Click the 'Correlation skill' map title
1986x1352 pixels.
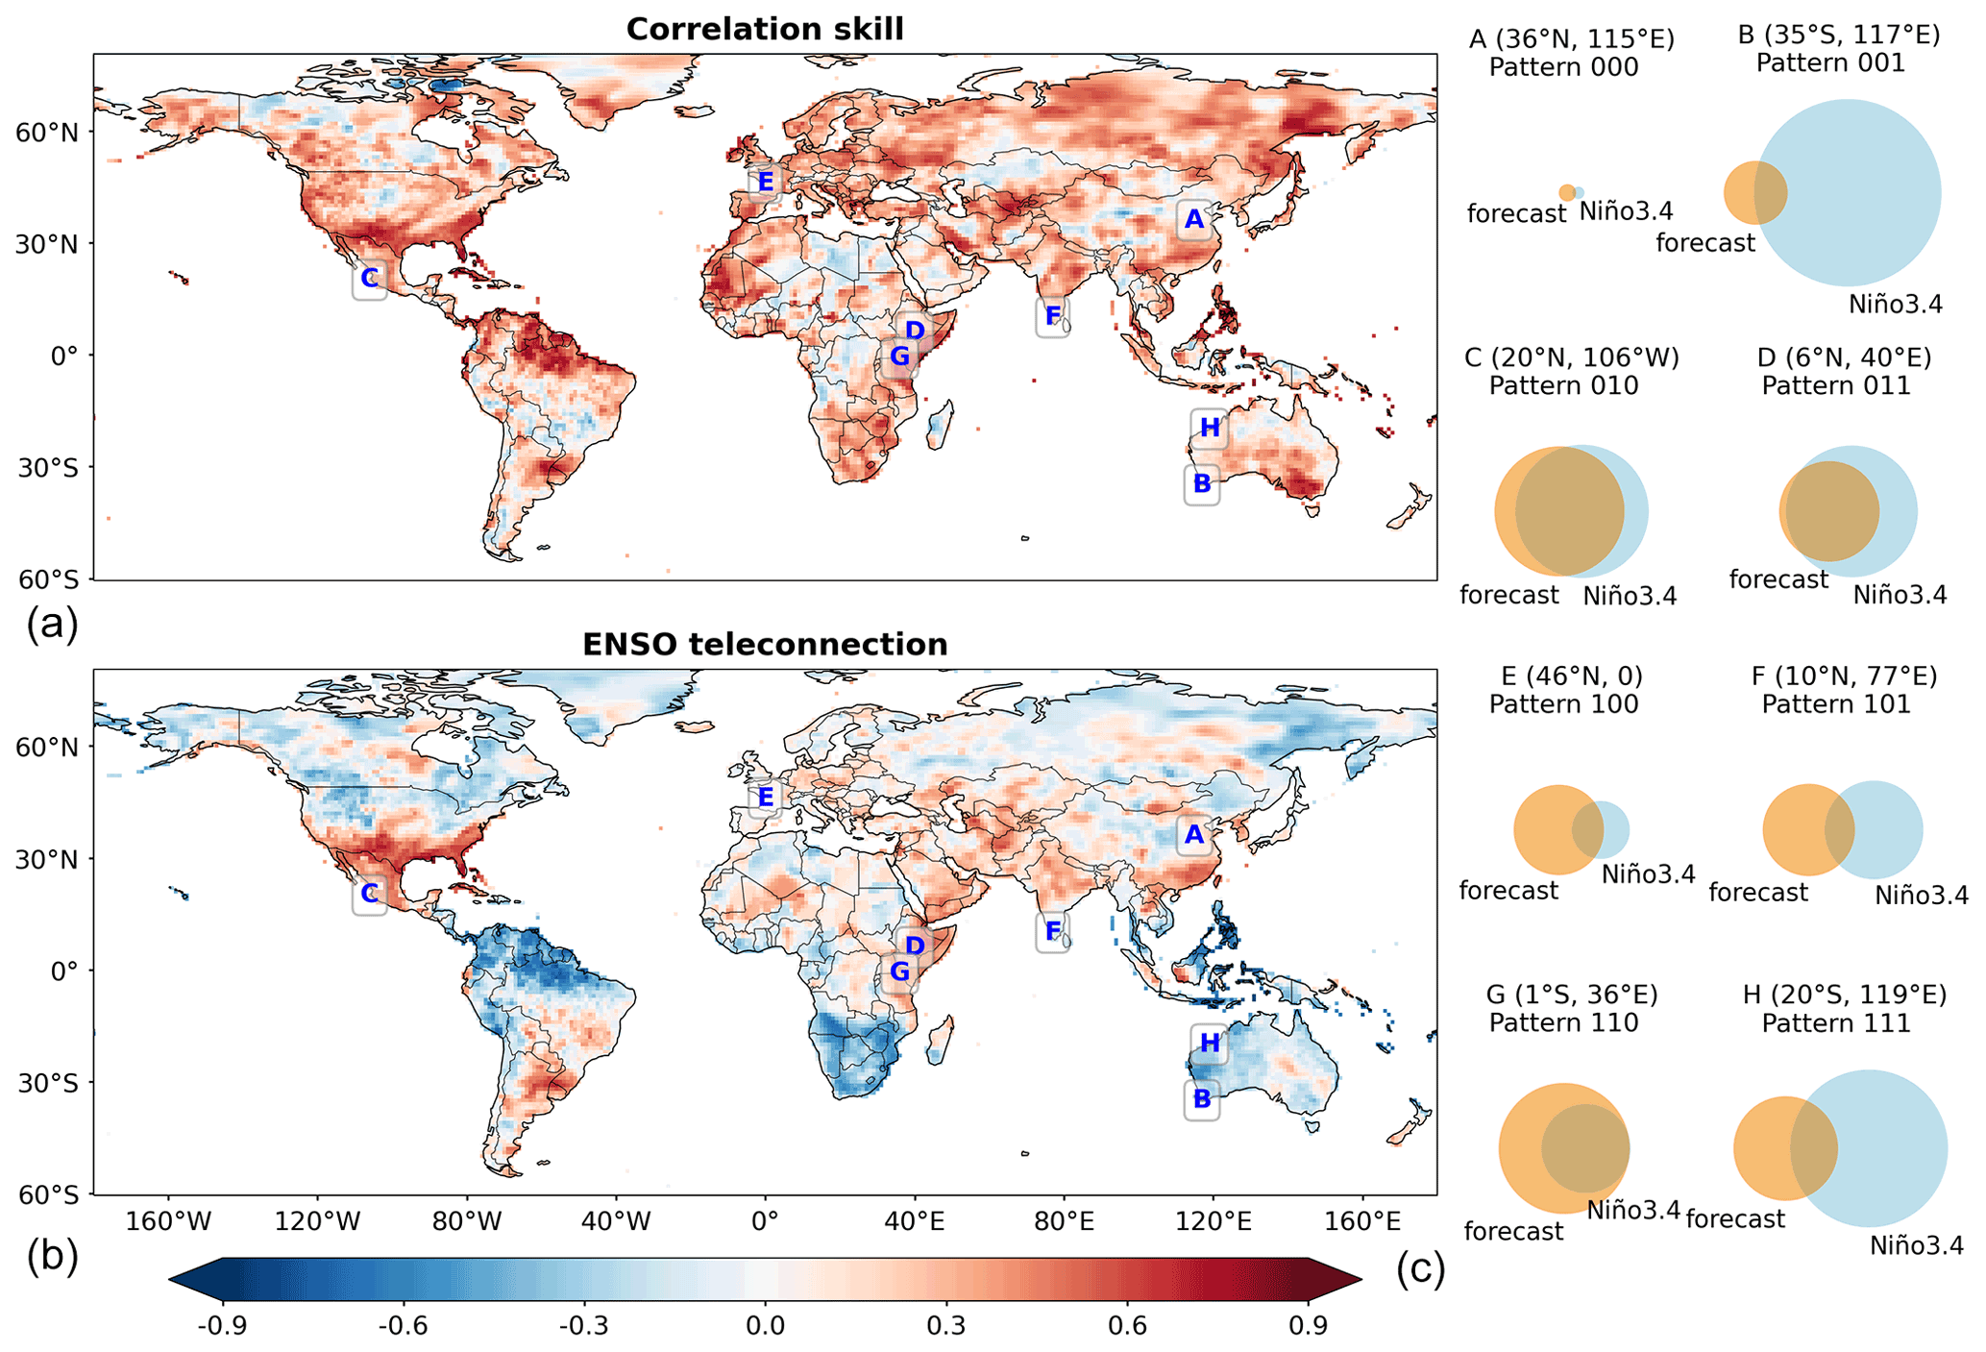765,29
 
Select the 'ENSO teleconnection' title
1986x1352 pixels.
765,644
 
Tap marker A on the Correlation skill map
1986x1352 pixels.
1194,220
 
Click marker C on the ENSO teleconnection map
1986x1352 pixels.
369,895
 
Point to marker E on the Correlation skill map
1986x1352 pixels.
765,182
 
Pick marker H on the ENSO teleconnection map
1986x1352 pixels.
1210,1043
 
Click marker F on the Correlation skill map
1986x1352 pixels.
1053,316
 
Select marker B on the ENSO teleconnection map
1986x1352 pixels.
1202,1098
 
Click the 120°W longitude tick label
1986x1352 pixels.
318,1222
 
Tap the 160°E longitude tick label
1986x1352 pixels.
1361,1222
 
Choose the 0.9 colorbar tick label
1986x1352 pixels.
1309,1327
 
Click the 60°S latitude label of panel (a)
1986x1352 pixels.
48,579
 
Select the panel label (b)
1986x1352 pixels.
53,1257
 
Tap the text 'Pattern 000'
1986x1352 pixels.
1563,67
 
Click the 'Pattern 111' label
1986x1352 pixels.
1836,1023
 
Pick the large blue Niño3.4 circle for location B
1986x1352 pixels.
1848,192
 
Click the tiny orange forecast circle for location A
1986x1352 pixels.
1567,192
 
